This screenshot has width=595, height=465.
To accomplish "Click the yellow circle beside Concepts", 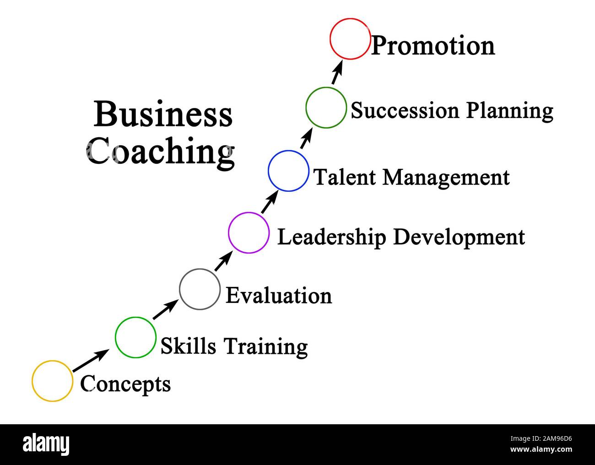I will click(x=52, y=381).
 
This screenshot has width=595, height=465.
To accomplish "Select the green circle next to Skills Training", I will click(x=135, y=337).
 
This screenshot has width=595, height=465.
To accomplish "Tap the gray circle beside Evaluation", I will click(x=200, y=289).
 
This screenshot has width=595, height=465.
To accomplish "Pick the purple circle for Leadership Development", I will click(x=249, y=232).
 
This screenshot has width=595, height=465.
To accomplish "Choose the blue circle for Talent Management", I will click(x=288, y=171).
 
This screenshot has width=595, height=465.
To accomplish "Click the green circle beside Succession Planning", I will click(x=326, y=108).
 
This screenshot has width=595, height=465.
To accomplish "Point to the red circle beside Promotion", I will click(x=350, y=39).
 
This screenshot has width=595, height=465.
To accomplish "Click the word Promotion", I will click(x=433, y=46).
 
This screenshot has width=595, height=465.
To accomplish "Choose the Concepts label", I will click(x=125, y=384).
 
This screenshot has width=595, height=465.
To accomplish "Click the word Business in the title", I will click(x=163, y=115).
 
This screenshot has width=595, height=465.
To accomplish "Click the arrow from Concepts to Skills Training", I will click(x=91, y=361).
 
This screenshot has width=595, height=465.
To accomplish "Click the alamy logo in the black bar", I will click(x=46, y=444).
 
